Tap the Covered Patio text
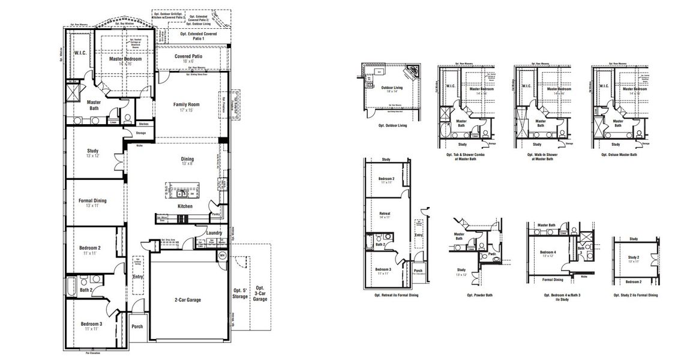(x=188, y=56)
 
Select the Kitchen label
(x=185, y=206)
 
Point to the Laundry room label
(x=214, y=233)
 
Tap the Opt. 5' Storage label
(x=241, y=294)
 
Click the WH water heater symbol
(x=222, y=256)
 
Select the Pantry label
(x=215, y=214)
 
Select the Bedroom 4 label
(x=547, y=252)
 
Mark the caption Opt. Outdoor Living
(x=393, y=125)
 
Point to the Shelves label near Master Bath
(x=143, y=124)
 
